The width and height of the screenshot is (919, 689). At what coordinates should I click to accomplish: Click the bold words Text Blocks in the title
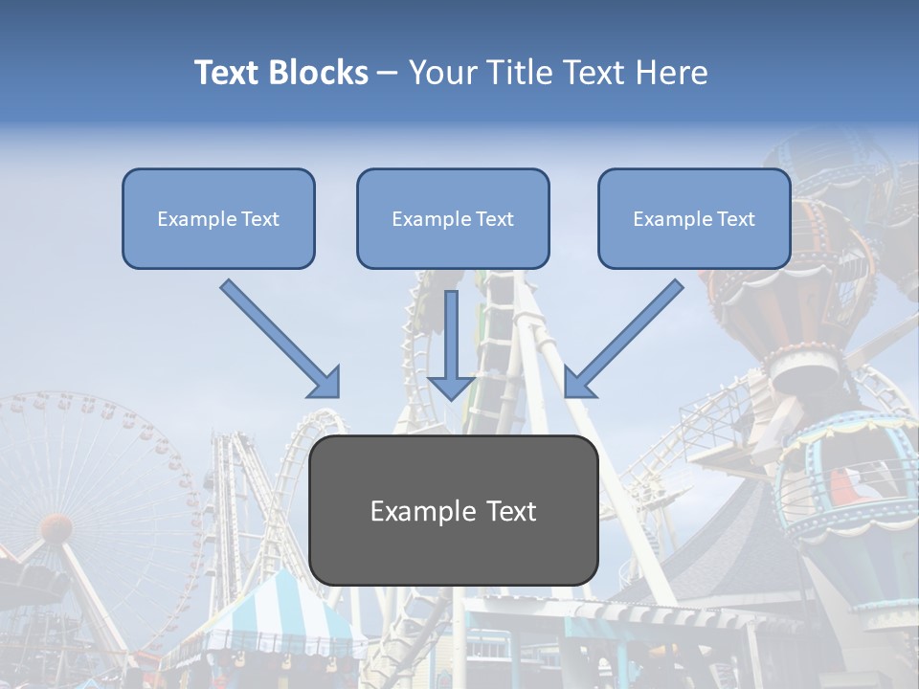[x=280, y=73]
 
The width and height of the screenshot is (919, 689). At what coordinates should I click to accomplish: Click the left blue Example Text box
[x=218, y=218]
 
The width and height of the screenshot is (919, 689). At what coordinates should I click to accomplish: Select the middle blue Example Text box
[x=453, y=218]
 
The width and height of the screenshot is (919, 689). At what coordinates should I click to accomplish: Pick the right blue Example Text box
[x=694, y=218]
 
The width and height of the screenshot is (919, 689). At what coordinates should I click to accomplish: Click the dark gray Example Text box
[x=453, y=510]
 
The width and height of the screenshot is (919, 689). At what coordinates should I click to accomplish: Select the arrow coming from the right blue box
[x=627, y=335]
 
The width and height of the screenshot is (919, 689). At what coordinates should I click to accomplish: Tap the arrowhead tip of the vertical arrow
[x=451, y=397]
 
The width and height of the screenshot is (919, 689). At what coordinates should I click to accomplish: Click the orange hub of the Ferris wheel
[x=56, y=527]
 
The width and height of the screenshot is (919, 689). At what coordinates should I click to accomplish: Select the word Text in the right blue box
[x=734, y=219]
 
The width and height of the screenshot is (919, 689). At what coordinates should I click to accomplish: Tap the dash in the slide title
[x=388, y=74]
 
